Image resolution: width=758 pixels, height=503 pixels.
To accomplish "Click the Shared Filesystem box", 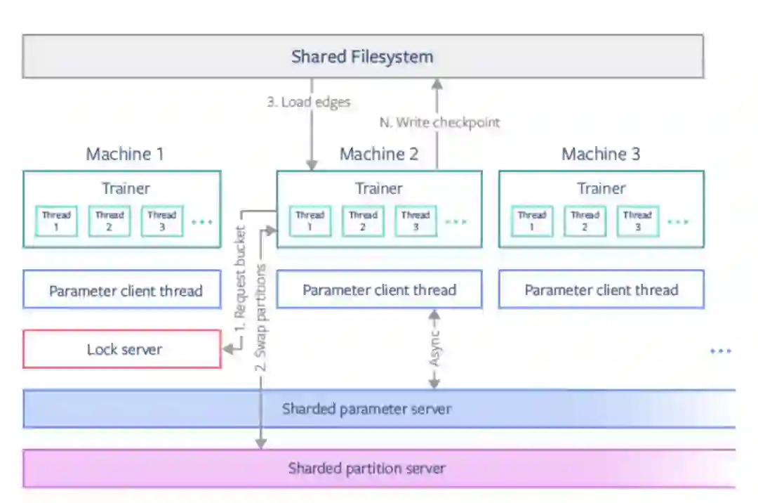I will click(363, 56).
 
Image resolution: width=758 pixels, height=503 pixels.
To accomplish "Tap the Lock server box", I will click(122, 349).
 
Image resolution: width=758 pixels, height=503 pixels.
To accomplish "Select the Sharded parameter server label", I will click(366, 408).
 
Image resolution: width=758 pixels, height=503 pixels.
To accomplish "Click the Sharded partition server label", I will click(366, 468).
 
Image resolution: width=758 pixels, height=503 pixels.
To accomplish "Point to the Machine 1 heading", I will click(125, 155).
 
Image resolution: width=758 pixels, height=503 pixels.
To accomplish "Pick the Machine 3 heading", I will click(601, 155).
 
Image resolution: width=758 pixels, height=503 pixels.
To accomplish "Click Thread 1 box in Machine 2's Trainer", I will click(310, 221).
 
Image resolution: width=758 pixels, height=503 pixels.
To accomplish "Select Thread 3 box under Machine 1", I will click(162, 221).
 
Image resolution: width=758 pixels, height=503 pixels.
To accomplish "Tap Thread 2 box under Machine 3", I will click(585, 221).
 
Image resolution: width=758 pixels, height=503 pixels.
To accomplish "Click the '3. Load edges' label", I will click(308, 102).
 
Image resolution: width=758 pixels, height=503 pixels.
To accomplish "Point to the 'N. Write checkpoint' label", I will click(440, 122).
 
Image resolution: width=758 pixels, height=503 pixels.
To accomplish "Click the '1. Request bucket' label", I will click(240, 280).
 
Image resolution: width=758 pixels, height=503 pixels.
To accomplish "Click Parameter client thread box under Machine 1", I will click(122, 290).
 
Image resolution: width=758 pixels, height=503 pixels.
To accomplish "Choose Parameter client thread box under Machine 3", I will click(601, 290).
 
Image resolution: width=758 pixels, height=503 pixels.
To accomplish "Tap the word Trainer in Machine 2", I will click(379, 188).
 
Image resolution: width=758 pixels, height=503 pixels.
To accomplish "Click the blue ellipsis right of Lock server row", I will click(720, 351).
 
